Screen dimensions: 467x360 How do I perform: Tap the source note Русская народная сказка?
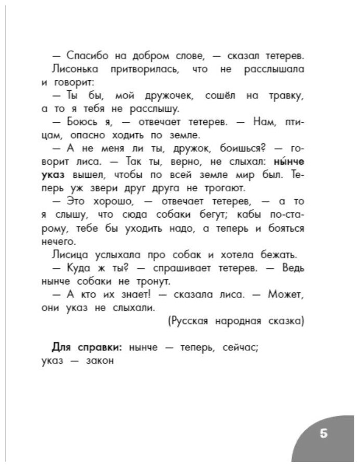[236, 321]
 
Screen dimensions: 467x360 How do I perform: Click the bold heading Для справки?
[85, 348]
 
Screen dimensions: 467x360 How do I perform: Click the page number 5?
[323, 434]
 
